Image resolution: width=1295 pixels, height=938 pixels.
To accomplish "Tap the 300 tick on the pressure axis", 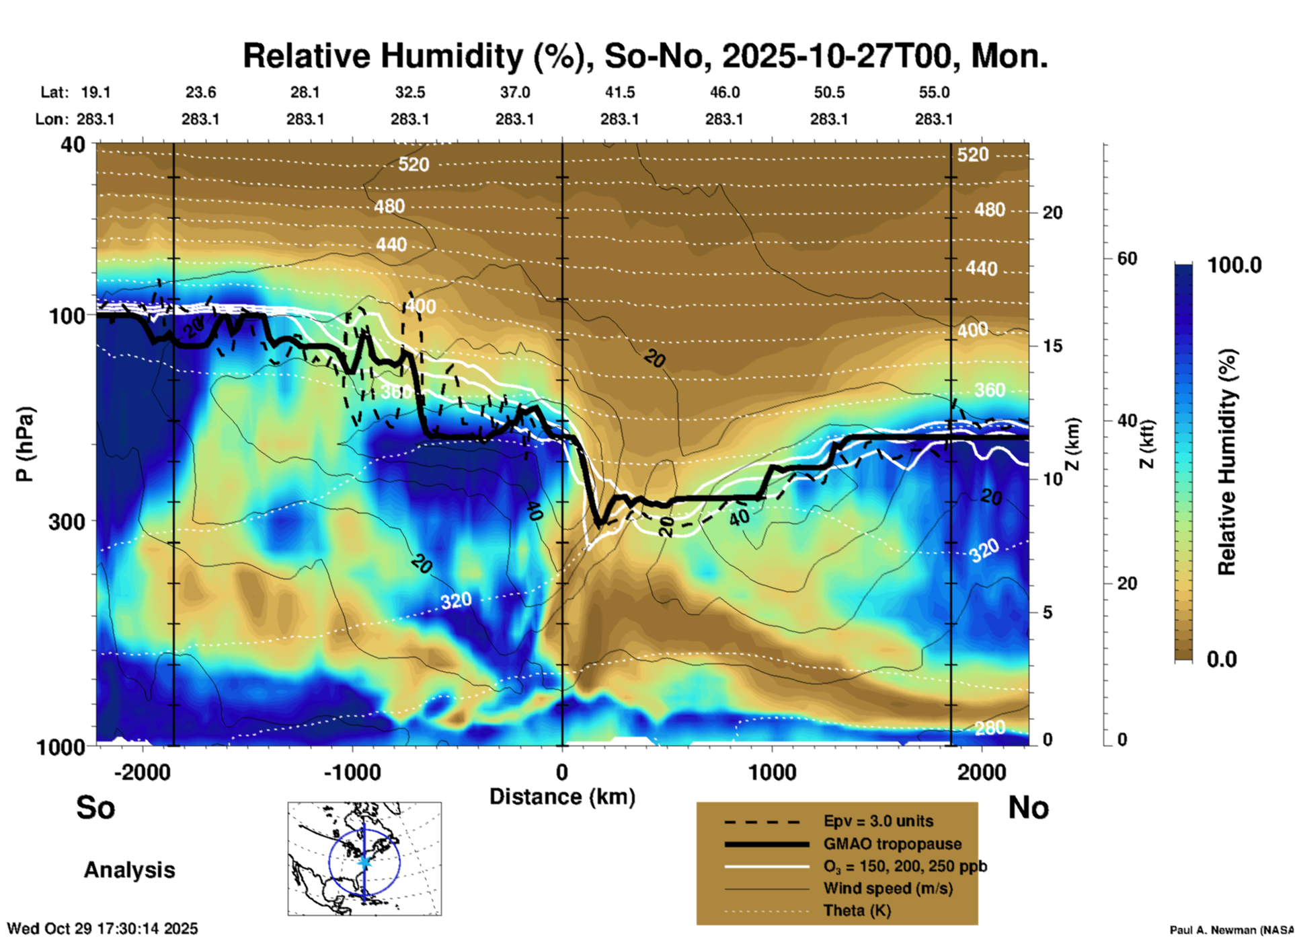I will [x=67, y=521].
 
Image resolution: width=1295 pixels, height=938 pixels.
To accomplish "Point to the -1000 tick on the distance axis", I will [x=352, y=772].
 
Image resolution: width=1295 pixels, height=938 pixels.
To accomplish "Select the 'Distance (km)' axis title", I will [x=562, y=797].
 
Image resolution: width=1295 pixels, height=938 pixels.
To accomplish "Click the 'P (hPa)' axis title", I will [x=25, y=444].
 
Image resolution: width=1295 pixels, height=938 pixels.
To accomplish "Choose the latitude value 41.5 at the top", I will [x=619, y=92].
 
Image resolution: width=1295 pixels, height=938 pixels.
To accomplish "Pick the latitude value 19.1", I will [x=95, y=92].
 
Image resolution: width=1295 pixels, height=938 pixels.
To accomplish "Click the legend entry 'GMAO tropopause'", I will [x=892, y=844].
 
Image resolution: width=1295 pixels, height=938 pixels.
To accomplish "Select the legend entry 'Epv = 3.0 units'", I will [x=878, y=821].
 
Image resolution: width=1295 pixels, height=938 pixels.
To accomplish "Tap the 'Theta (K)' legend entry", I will [x=857, y=910].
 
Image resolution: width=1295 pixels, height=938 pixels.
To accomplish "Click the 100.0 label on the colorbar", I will [x=1234, y=265].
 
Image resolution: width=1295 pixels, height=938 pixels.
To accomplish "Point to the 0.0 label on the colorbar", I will [x=1222, y=659].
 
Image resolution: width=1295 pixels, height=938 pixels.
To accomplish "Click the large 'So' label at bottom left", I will [x=95, y=807].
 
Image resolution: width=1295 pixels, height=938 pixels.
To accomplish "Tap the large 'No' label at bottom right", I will [x=1028, y=807].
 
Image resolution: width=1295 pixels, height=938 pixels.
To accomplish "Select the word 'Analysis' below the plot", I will [x=129, y=870].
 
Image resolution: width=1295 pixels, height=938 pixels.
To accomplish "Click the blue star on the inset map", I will [x=364, y=861].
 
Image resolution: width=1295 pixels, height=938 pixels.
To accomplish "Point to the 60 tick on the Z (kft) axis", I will [x=1127, y=259].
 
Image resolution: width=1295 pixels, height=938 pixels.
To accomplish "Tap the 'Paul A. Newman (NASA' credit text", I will [x=1231, y=930].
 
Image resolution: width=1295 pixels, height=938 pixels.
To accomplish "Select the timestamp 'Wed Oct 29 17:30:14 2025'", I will [x=102, y=929].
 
